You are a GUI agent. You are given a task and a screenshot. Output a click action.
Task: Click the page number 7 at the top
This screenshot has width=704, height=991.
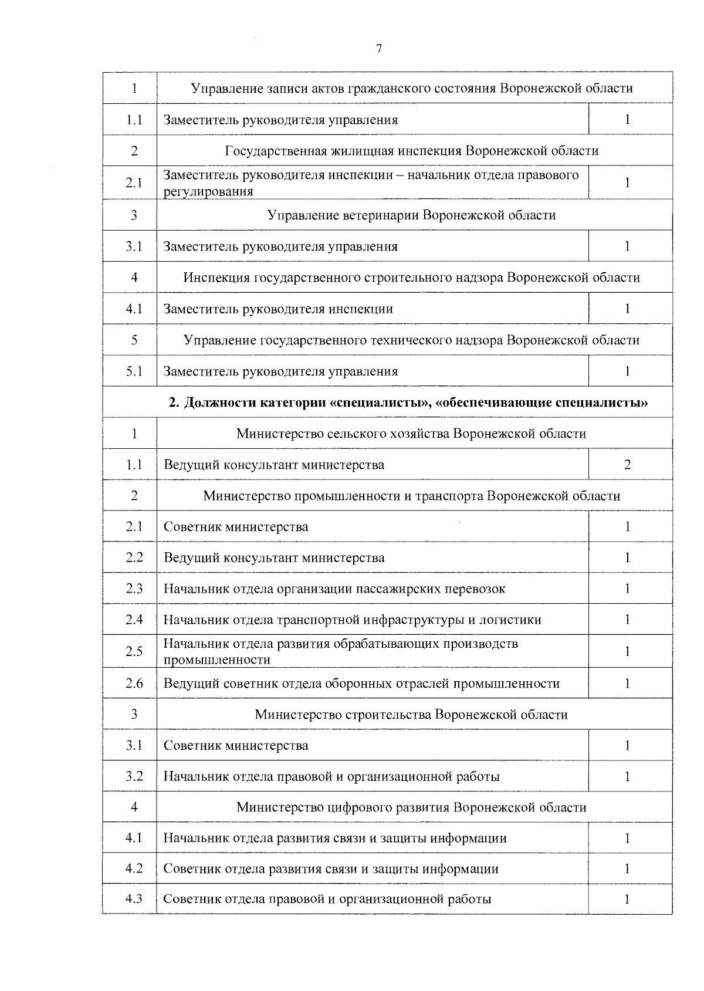[379, 49]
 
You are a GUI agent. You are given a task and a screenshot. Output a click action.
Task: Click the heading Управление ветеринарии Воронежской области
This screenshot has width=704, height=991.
[411, 215]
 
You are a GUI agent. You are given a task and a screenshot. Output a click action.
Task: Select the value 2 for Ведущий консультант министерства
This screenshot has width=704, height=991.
[627, 465]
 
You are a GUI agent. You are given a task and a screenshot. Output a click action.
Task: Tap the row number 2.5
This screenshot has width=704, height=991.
[134, 651]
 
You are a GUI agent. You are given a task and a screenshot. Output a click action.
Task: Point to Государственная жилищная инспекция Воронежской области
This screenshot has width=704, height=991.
[411, 151]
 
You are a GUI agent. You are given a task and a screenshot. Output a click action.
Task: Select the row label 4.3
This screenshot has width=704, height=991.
[134, 899]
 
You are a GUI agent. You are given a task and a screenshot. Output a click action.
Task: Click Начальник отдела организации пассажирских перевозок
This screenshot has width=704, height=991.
[334, 589]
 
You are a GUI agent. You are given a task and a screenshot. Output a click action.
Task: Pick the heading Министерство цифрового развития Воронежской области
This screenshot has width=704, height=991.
[411, 807]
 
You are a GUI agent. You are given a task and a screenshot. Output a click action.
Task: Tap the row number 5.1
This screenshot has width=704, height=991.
[134, 371]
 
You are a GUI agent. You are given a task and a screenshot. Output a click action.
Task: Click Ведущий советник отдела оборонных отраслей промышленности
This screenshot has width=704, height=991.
[361, 684]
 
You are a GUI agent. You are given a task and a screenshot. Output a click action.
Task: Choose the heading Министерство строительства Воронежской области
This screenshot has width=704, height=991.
[411, 715]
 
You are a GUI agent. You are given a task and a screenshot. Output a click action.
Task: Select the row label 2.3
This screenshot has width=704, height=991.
[134, 589]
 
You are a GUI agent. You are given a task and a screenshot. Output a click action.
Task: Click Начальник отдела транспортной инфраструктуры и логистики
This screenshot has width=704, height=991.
[352, 620]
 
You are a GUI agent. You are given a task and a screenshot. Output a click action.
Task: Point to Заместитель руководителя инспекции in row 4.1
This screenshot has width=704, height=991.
[278, 309]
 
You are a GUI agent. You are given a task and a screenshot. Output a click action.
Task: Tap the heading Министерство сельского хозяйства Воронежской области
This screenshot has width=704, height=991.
[411, 434]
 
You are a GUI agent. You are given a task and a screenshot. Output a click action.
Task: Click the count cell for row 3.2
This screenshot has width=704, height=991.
[627, 777]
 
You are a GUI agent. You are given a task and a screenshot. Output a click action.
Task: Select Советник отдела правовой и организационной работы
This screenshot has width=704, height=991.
[327, 899]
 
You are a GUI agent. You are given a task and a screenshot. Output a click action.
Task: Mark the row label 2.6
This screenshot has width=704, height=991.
[134, 684]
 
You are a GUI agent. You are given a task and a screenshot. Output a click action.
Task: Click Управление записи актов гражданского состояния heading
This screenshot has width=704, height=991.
[411, 89]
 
